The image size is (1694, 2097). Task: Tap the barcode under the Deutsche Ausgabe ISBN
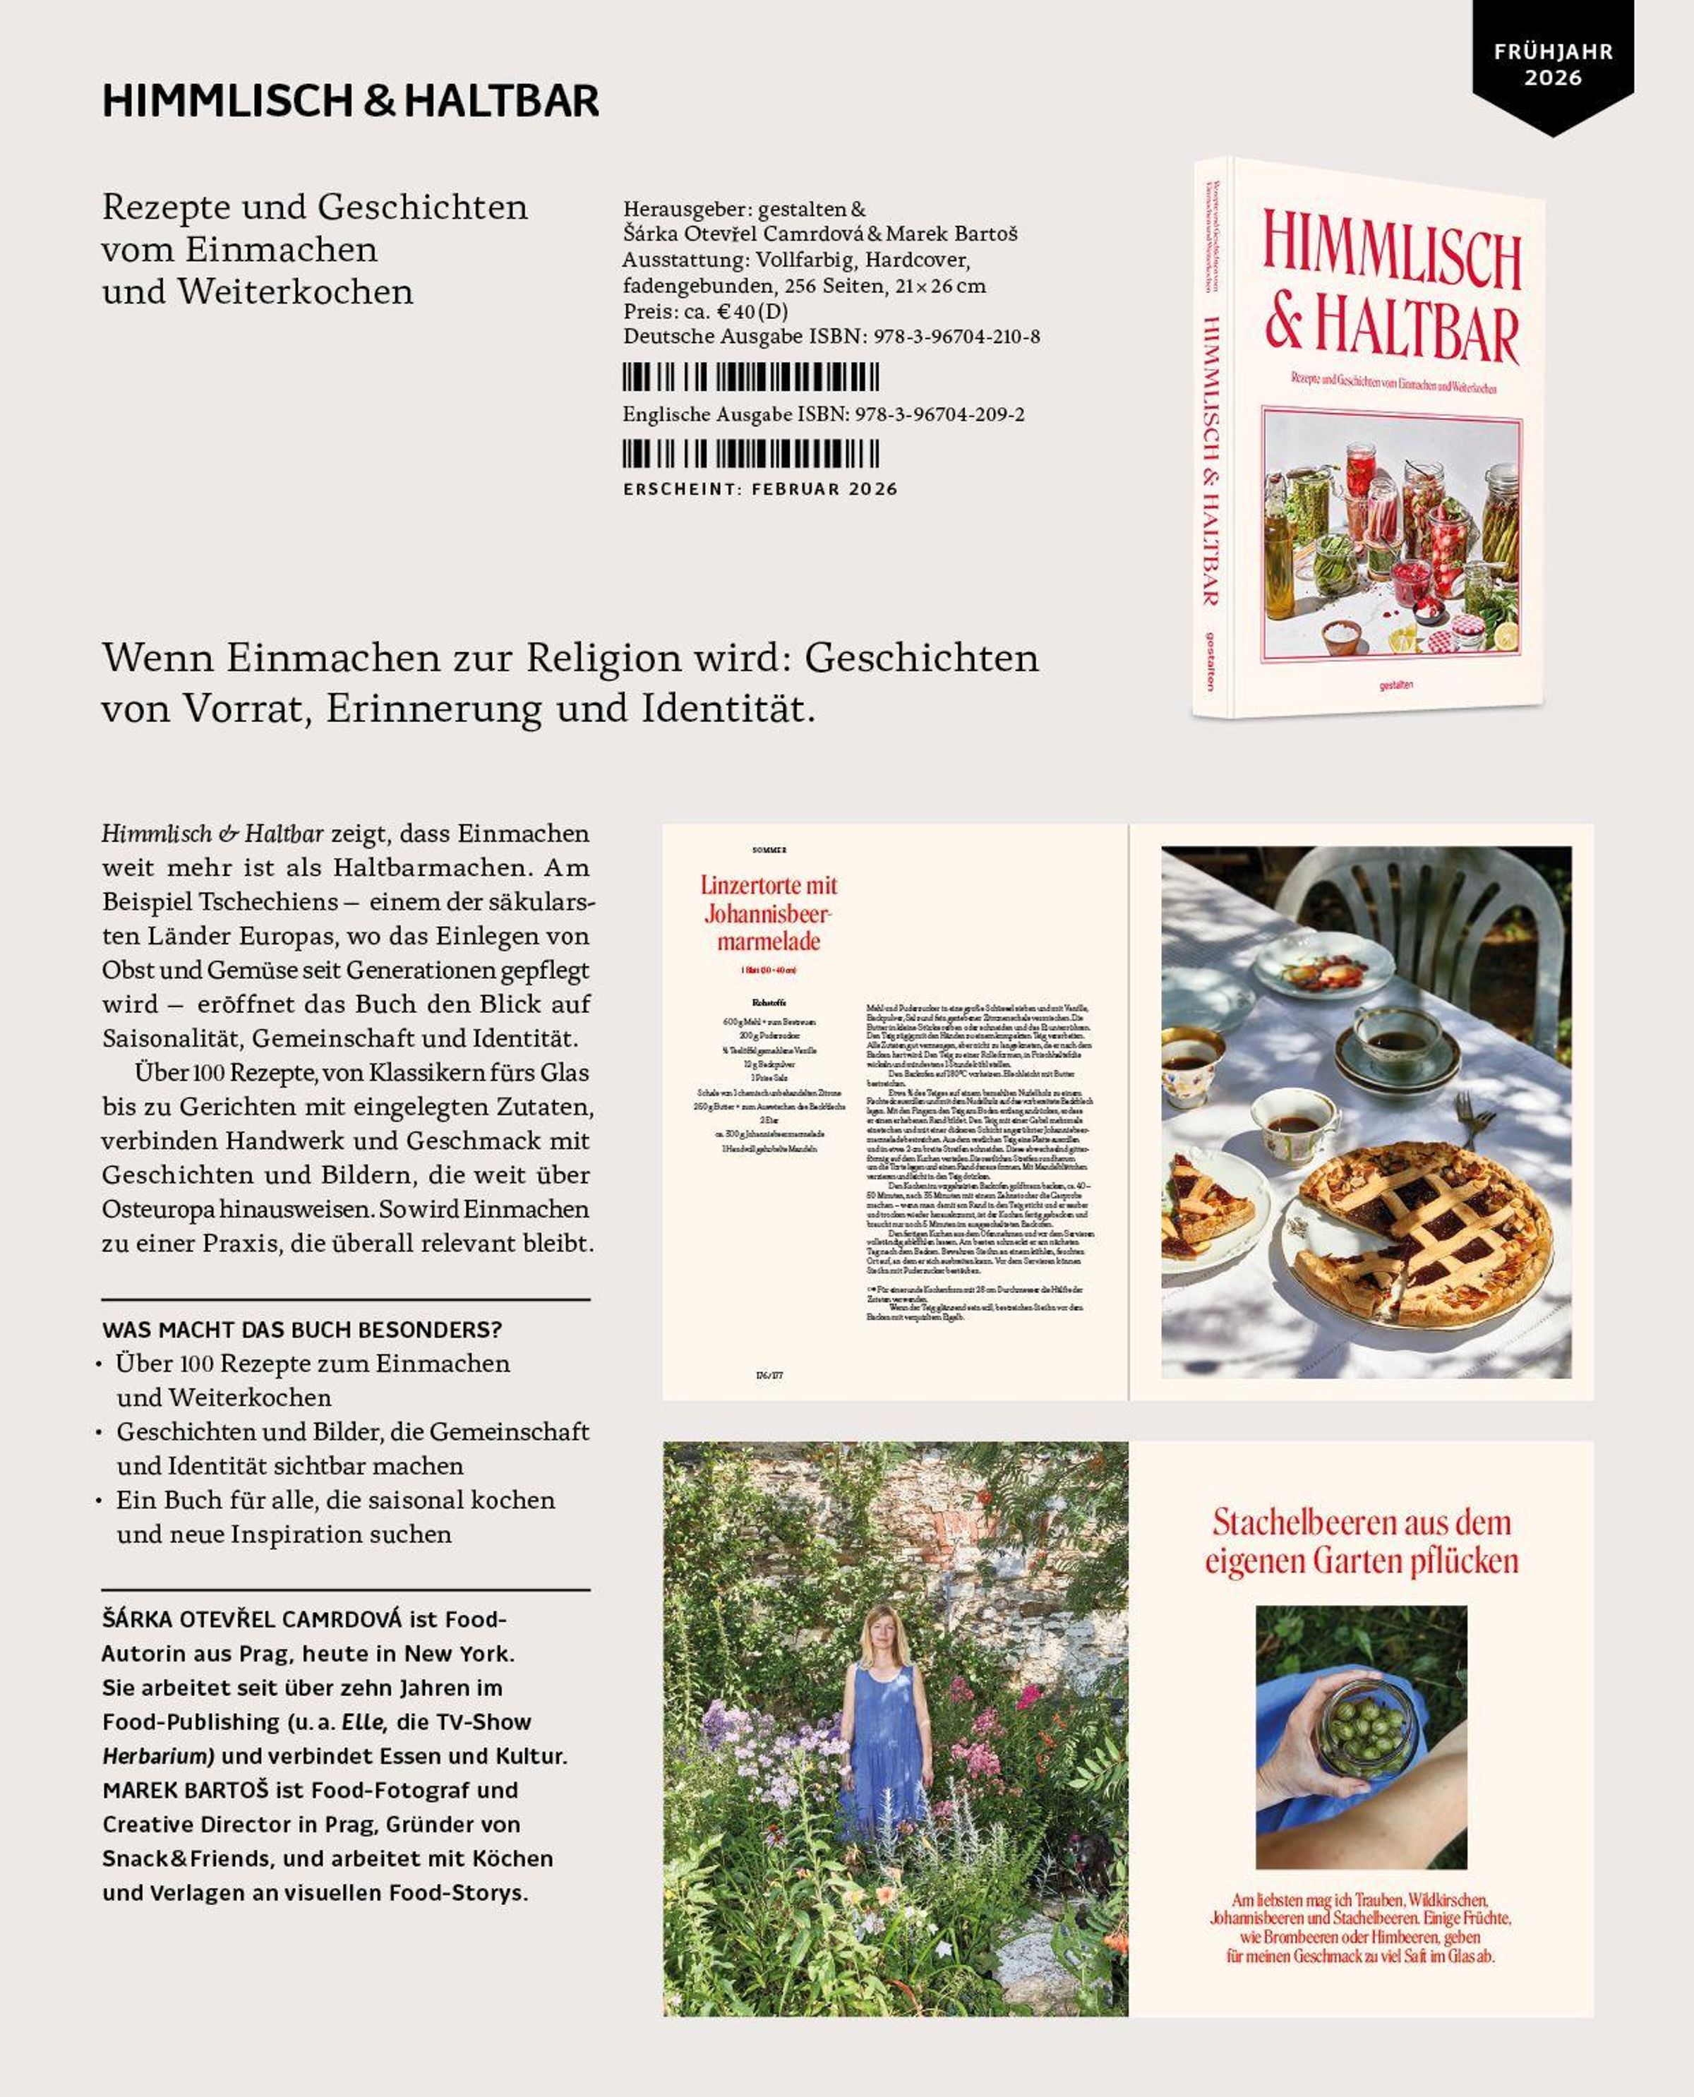[750, 377]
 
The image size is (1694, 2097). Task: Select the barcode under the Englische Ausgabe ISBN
[750, 454]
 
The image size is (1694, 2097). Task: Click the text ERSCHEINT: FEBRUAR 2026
[760, 489]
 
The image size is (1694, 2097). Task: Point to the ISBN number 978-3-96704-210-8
[956, 337]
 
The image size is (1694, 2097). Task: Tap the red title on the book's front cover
[1391, 293]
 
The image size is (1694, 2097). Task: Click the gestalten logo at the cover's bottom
[1395, 685]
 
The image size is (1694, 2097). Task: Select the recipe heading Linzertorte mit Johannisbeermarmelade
[769, 913]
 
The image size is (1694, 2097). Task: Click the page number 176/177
[769, 1375]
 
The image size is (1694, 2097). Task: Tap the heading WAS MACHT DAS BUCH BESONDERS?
[301, 1330]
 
